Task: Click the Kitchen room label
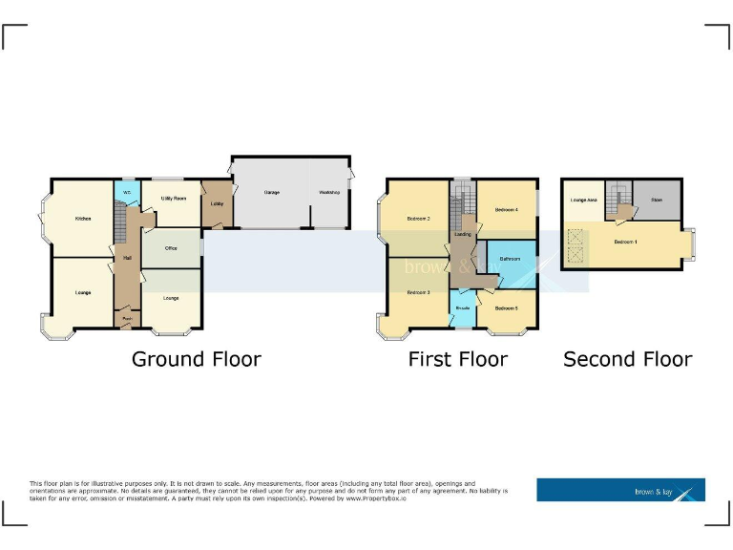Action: [83, 219]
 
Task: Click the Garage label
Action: [271, 193]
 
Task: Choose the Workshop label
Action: [329, 193]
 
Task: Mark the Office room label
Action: [172, 248]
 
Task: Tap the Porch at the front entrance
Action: [126, 319]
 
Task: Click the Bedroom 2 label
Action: [419, 219]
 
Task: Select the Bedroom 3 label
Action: [419, 292]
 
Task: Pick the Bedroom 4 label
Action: [506, 209]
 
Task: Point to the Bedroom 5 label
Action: [506, 307]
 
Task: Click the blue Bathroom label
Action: [509, 258]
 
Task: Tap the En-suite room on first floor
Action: [462, 308]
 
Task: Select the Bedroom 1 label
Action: [625, 242]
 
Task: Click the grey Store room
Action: [657, 200]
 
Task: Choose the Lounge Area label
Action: [583, 200]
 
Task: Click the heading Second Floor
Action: [627, 359]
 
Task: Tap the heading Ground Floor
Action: [196, 359]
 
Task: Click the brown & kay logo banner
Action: [620, 490]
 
